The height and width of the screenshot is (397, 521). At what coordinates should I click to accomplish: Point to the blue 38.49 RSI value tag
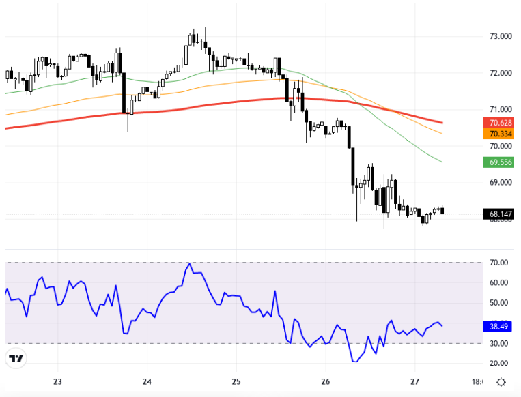coord(498,326)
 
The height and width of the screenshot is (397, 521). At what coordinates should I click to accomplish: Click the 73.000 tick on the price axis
coord(498,36)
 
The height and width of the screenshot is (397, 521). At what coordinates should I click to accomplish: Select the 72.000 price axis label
coord(498,73)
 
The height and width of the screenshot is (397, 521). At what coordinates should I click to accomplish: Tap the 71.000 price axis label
coord(498,109)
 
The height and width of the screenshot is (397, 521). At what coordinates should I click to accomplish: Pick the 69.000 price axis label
coord(498,183)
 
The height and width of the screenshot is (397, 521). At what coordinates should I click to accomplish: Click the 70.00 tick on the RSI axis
coord(498,263)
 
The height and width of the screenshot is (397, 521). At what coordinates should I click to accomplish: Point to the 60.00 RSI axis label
coord(498,282)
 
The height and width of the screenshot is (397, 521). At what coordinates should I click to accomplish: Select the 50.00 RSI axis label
coord(498,303)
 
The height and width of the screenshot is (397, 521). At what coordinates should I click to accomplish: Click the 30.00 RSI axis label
coord(498,344)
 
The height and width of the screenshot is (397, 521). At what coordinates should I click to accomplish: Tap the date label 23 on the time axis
coord(57,381)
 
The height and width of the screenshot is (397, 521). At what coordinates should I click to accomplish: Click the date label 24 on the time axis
coord(147,381)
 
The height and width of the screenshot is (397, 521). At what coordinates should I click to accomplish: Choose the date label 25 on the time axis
coord(236,381)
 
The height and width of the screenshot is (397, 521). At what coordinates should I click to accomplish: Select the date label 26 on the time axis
coord(325,381)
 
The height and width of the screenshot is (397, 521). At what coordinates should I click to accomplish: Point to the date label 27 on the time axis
coord(414,381)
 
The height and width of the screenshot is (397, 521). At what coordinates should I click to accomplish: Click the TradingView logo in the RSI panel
coord(16,358)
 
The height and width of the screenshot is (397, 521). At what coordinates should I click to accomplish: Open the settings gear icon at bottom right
coord(501,381)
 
